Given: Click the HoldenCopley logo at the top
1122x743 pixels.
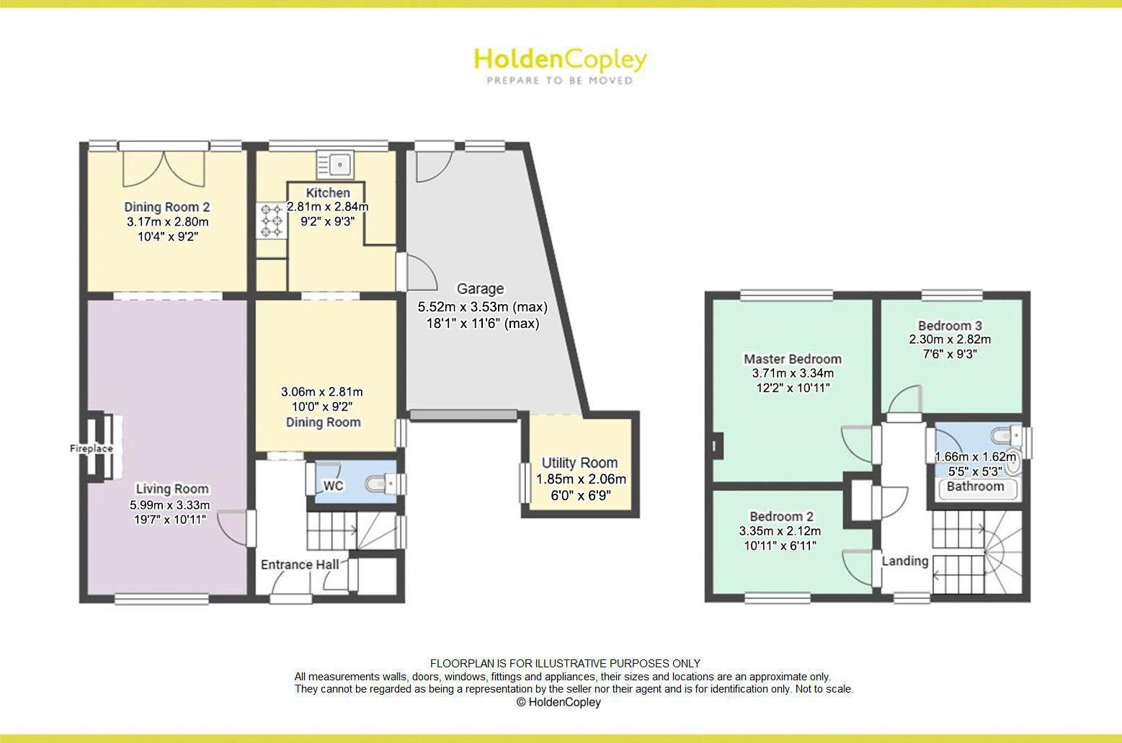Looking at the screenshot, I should point(560,60).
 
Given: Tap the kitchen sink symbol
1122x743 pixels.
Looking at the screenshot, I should point(334,164).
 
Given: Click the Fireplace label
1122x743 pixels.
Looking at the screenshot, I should point(91,448).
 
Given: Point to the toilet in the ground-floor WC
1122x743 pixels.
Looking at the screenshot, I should point(380,482).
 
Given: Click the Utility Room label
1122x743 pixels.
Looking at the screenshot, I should point(579,463).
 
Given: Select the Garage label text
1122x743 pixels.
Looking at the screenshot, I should point(480,288).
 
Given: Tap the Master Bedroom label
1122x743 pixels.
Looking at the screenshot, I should point(792,359).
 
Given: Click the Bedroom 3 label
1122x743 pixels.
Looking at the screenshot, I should point(950,325).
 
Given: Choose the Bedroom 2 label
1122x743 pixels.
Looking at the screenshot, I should point(781,516).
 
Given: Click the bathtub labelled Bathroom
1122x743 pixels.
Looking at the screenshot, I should point(975,487).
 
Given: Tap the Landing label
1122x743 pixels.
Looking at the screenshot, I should point(905,561).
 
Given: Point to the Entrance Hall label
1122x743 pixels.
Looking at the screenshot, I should point(299,564).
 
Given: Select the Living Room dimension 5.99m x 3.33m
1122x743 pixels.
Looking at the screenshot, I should point(170,504).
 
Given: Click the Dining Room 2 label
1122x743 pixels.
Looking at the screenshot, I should point(166,207).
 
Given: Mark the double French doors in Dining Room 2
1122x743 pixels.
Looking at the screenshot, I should point(164,166).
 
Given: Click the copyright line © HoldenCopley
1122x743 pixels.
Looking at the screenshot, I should point(558,702).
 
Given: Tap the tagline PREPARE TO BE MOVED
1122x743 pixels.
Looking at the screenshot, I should point(560,81).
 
